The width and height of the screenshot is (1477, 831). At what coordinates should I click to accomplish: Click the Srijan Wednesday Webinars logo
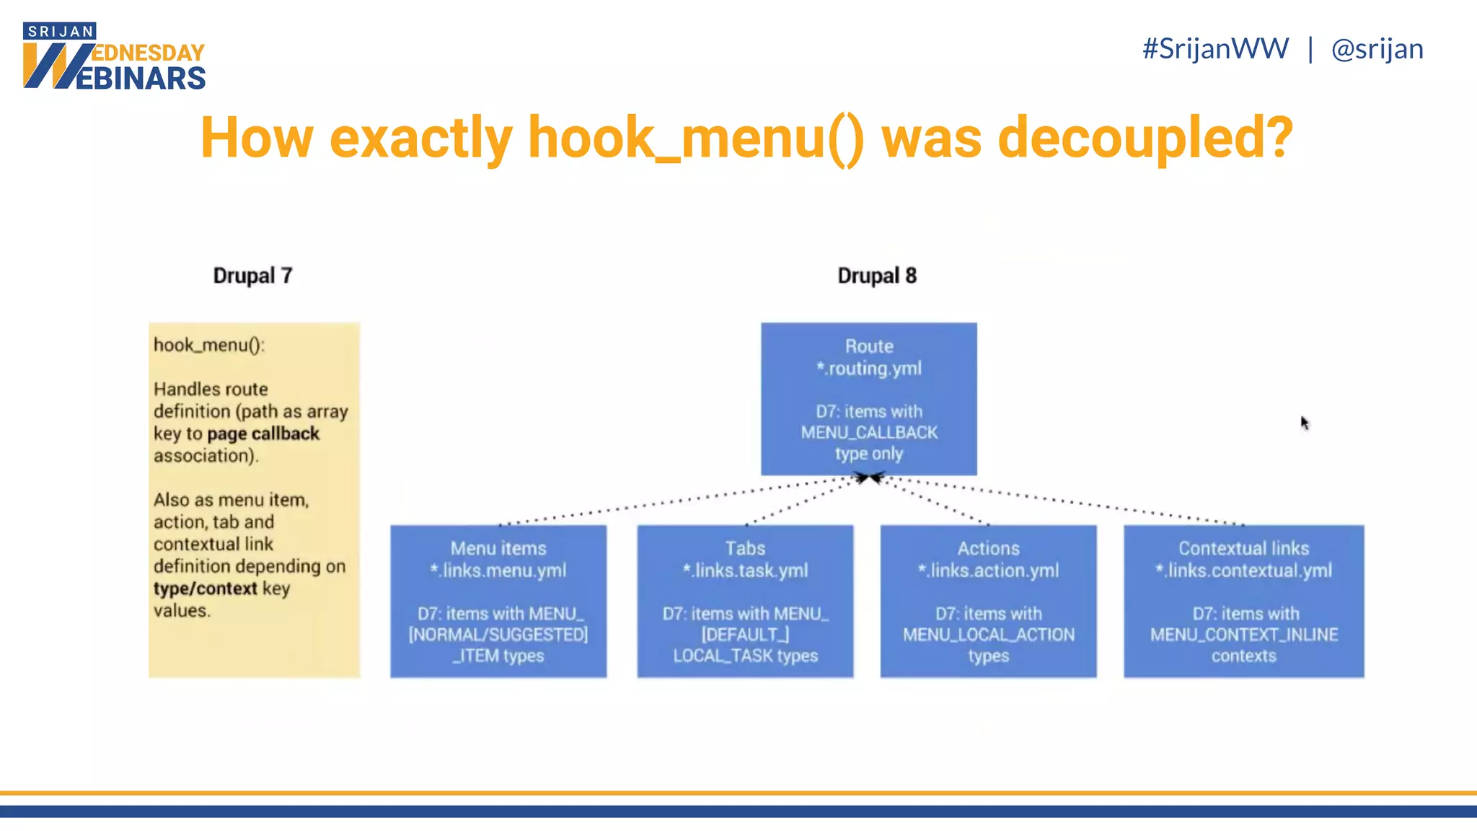(114, 57)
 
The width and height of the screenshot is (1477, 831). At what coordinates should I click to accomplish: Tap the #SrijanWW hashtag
(1215, 49)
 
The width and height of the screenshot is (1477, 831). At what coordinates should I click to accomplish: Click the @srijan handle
(1377, 49)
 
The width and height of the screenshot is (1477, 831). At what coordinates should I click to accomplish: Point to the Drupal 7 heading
(252, 276)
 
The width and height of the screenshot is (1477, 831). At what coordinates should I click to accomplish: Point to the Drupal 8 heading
(876, 276)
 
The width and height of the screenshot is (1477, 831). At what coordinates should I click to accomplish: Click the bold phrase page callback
(263, 434)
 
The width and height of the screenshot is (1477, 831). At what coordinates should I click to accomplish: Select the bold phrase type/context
(205, 589)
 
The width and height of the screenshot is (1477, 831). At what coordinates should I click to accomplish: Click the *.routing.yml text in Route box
(869, 369)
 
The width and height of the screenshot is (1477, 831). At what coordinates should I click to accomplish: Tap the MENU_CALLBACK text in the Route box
(869, 433)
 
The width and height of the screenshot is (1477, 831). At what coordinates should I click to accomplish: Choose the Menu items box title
(498, 548)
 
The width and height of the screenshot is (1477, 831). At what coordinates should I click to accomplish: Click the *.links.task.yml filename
(745, 571)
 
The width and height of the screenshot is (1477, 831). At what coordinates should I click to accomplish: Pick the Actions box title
(988, 548)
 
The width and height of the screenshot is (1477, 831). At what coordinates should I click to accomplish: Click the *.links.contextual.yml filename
(1243, 571)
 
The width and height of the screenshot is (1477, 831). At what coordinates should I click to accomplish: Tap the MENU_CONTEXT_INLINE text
(1243, 635)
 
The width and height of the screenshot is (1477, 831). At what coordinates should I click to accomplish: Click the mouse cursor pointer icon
(1305, 423)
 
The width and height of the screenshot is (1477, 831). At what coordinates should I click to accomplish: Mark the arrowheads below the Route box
(869, 478)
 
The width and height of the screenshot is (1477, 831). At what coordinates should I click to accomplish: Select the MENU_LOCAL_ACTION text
(988, 635)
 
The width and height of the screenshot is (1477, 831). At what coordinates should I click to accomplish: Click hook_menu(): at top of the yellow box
(209, 345)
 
